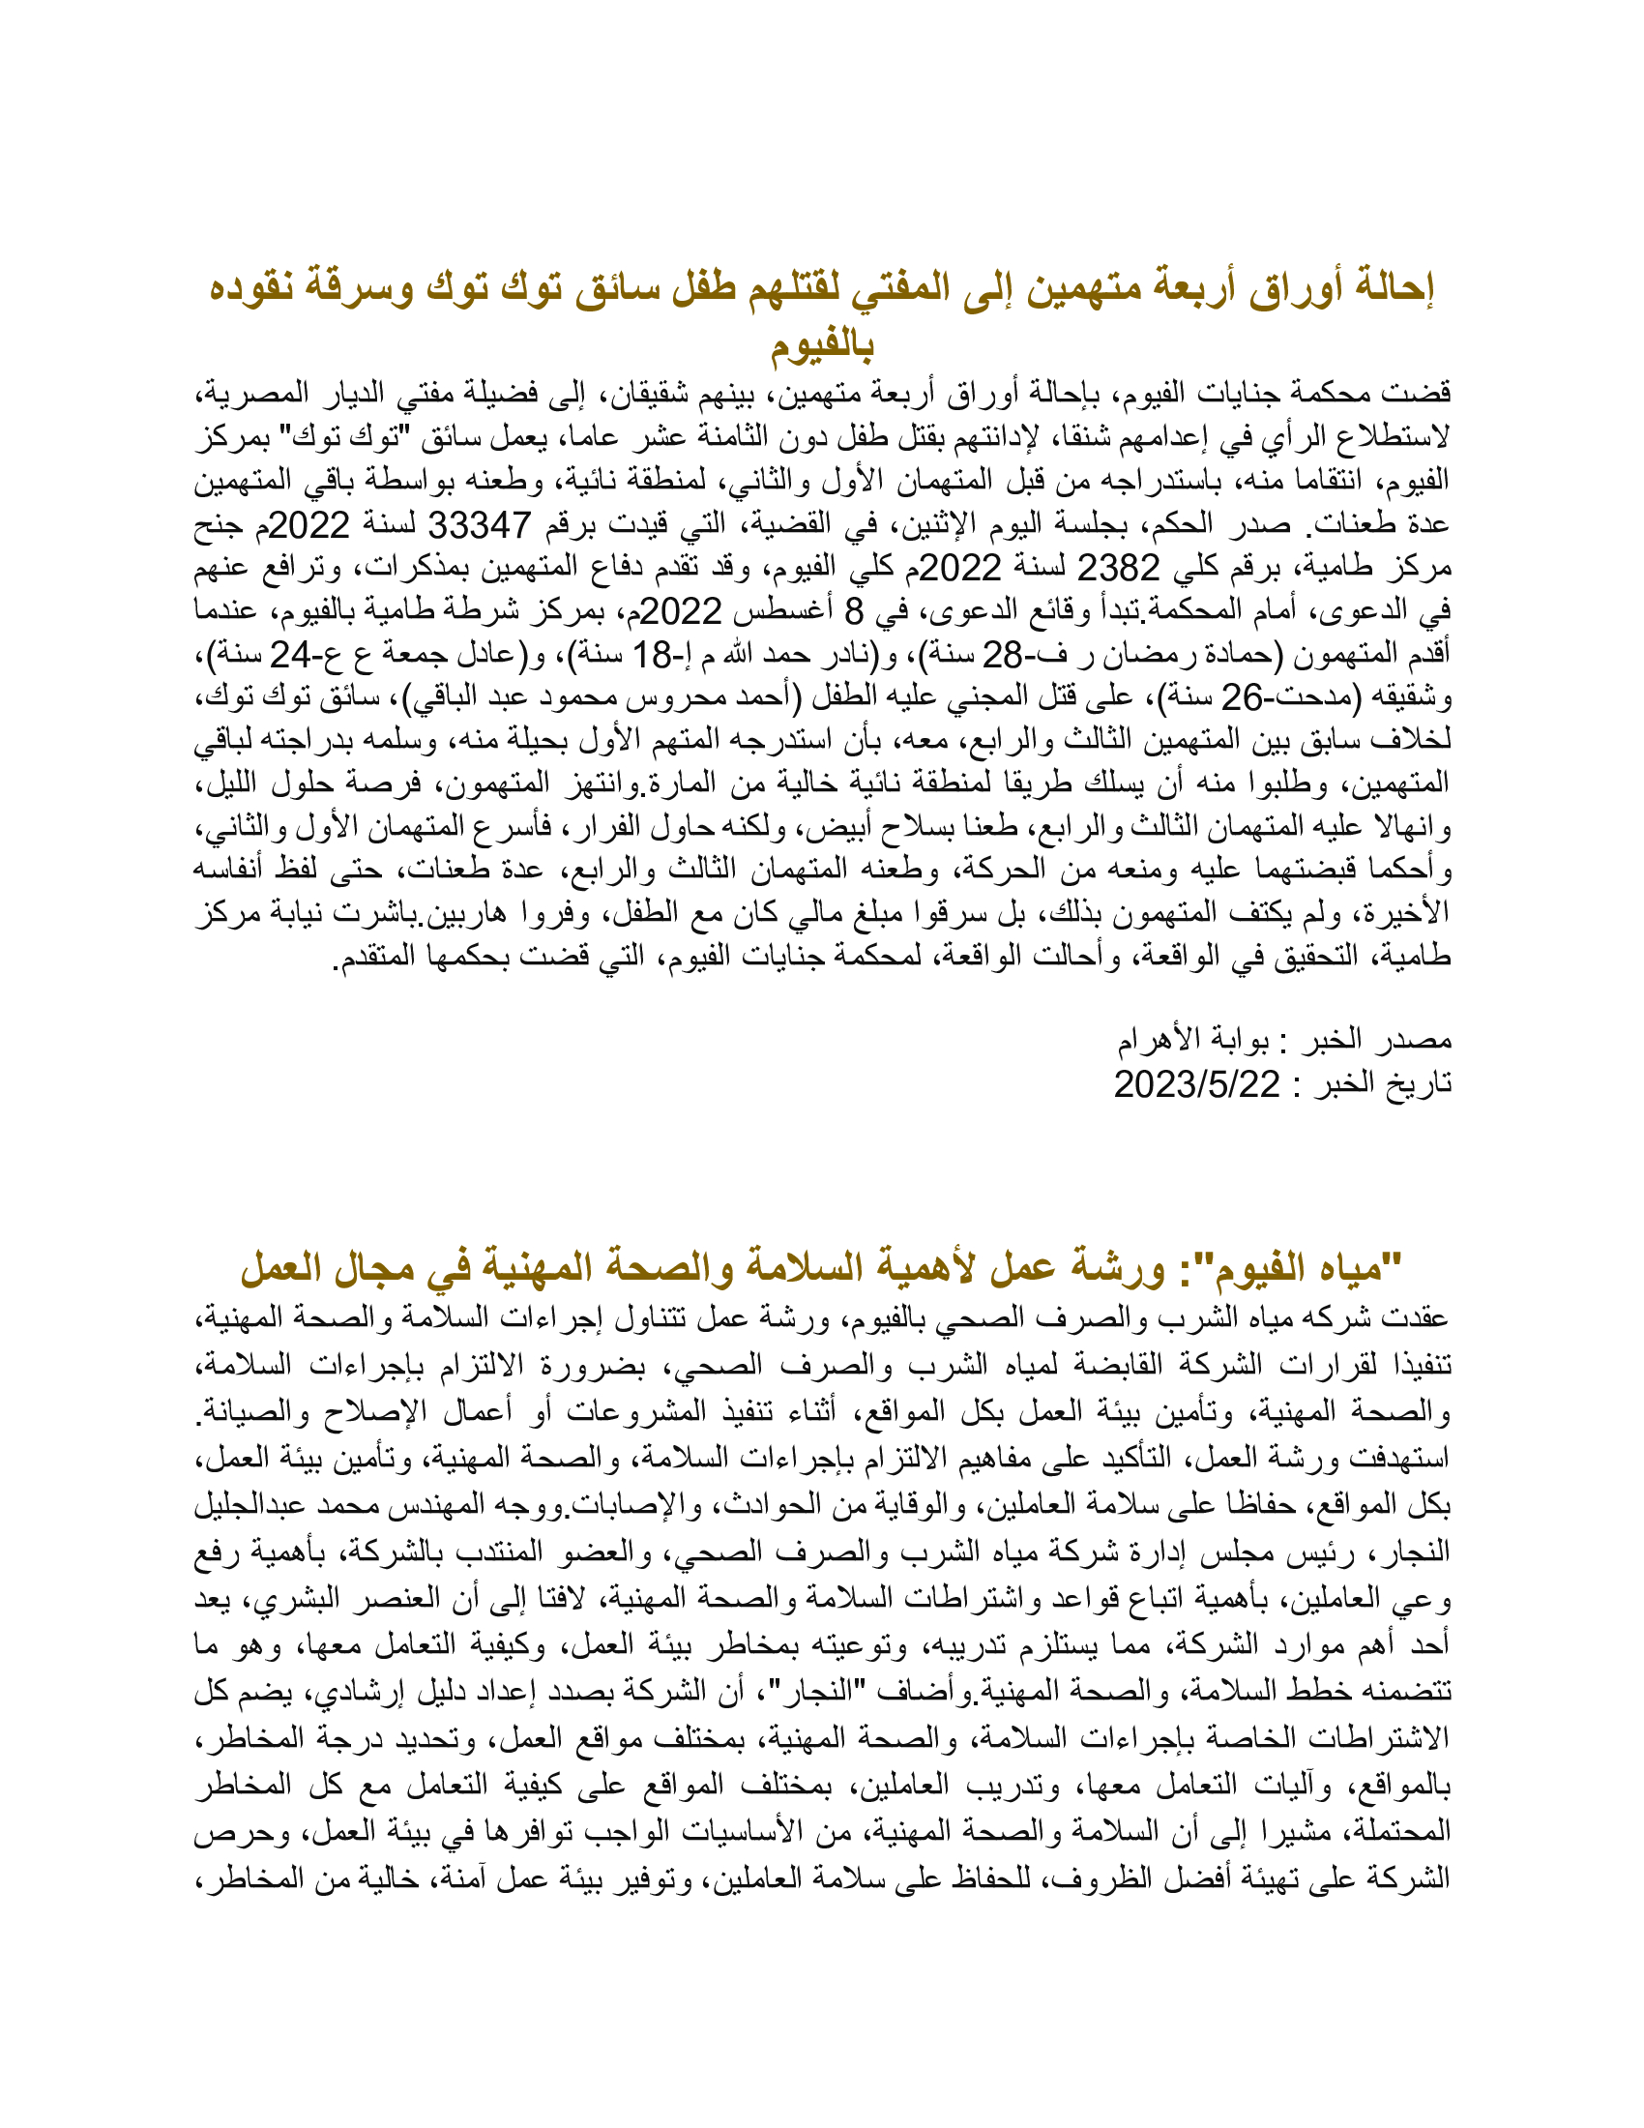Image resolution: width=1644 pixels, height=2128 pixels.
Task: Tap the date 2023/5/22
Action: [1196, 1083]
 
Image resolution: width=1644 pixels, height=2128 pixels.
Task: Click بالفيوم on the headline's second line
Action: [822, 344]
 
